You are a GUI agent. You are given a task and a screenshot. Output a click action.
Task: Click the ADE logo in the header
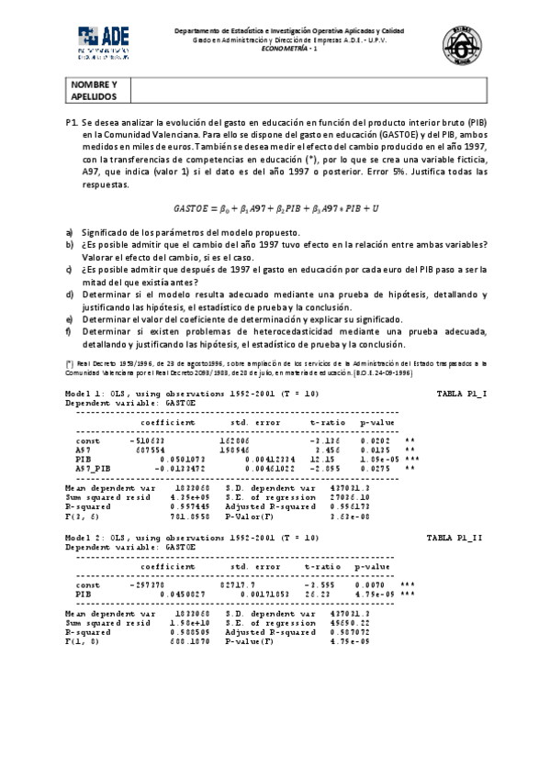(104, 41)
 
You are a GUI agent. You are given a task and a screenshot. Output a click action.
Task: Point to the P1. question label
(72, 122)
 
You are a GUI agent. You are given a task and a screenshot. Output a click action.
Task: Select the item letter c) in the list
(70, 270)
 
